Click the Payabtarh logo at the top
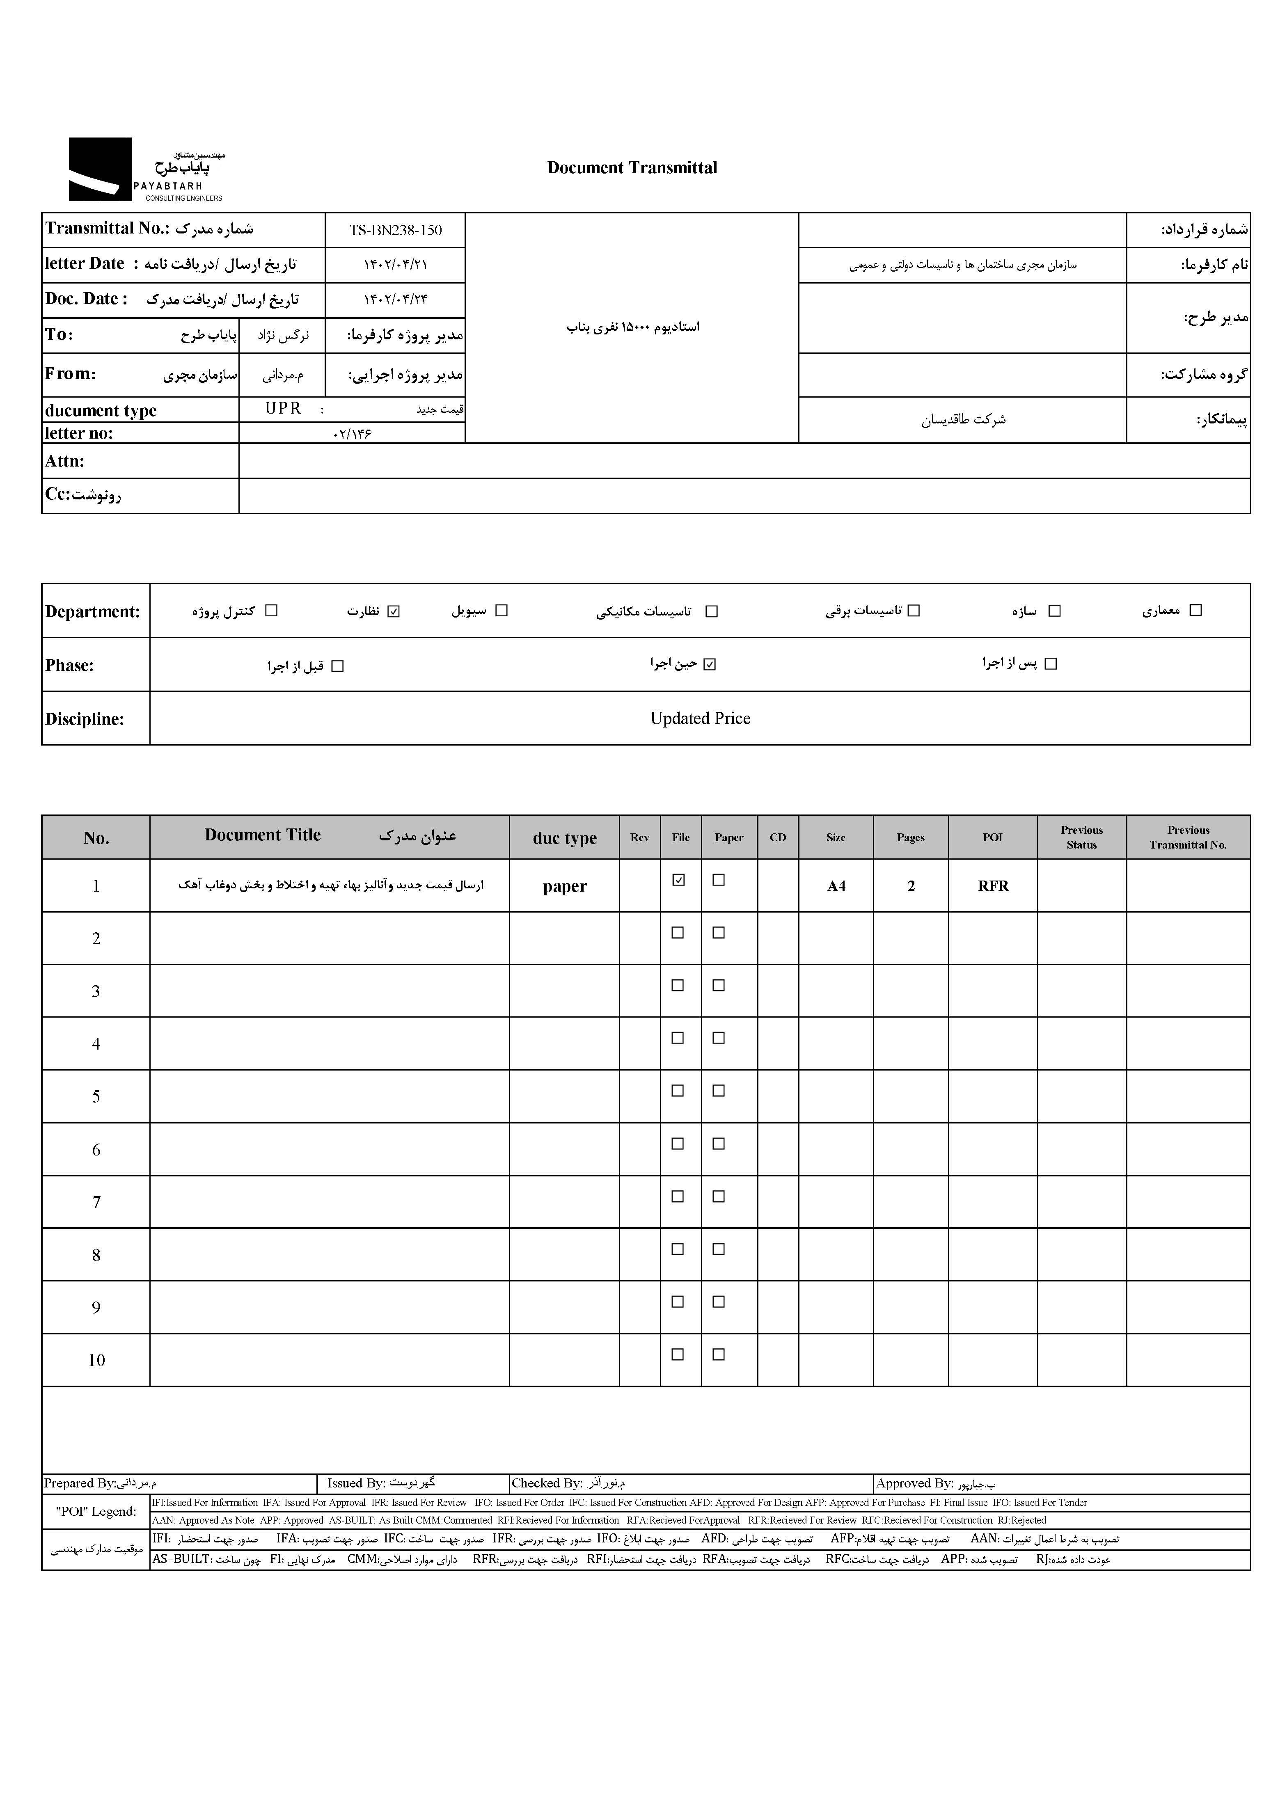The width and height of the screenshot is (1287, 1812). (x=146, y=169)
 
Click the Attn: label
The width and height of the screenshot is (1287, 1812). (x=65, y=461)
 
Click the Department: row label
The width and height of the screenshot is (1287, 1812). (x=93, y=612)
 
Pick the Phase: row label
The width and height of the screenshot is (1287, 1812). (x=70, y=666)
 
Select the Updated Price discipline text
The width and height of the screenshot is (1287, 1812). (x=700, y=718)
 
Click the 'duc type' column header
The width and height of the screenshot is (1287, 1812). (x=564, y=838)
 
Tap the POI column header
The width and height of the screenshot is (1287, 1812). (x=992, y=837)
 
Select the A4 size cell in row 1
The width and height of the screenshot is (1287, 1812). (x=836, y=886)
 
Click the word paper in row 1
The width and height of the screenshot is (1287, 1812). (x=564, y=887)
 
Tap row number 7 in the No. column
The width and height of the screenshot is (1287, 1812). (x=96, y=1202)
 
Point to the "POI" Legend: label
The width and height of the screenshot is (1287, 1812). (x=96, y=1511)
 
